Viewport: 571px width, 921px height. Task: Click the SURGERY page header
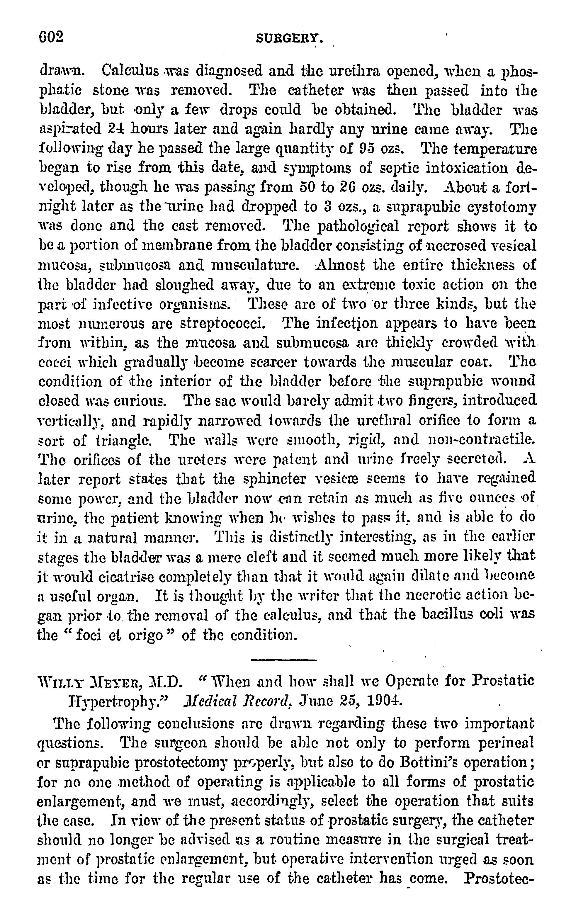point(289,38)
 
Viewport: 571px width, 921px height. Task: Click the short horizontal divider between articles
point(284,660)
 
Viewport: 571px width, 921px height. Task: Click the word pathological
point(358,227)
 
